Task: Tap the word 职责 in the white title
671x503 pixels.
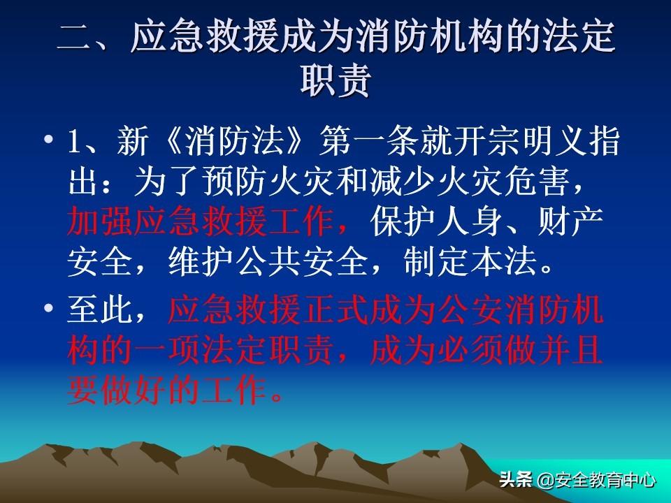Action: point(335,80)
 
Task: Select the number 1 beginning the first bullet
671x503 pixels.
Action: point(75,142)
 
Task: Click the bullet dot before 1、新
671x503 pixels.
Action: point(49,139)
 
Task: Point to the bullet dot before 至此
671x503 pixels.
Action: point(49,307)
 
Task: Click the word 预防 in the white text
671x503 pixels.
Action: point(235,182)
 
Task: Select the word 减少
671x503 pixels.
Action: point(403,182)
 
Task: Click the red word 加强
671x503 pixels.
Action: point(100,221)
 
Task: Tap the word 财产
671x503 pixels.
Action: point(571,221)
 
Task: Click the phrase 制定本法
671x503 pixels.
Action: point(470,261)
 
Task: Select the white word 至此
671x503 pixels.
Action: point(100,309)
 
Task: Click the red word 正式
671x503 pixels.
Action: point(335,309)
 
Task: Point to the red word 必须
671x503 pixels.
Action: point(470,351)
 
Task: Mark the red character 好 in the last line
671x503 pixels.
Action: point(151,390)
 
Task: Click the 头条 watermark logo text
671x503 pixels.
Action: point(516,479)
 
